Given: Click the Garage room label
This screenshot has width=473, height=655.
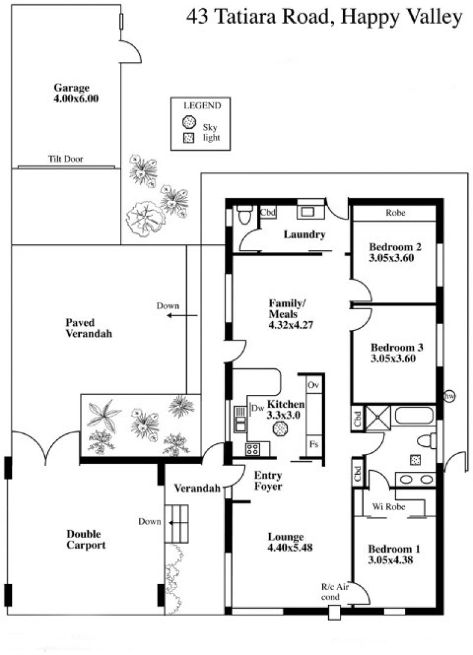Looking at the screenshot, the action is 72,87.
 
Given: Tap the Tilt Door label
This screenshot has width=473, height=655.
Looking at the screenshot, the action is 66,159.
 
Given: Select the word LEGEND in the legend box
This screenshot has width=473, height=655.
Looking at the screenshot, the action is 202,105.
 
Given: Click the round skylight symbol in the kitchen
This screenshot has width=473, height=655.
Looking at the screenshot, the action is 279,429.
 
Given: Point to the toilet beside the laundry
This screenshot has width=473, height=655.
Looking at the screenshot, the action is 244,215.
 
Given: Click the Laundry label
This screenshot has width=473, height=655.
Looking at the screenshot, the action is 304,234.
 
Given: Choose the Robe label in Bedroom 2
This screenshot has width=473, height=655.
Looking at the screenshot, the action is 396,213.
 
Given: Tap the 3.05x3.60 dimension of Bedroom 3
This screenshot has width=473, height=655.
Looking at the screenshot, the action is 393,358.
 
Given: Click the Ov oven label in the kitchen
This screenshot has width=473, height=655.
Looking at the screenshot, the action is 313,384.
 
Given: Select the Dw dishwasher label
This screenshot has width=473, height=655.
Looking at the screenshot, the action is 257,408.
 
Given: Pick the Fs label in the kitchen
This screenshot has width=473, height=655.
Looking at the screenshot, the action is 314,443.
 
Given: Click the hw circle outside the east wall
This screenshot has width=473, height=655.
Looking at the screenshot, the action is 449,395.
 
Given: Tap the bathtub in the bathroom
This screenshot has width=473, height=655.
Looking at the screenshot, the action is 415,416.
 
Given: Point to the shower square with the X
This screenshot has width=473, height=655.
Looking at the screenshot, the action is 378,418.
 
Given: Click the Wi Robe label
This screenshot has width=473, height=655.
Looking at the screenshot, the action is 388,507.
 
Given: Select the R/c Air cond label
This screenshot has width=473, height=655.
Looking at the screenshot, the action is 334,592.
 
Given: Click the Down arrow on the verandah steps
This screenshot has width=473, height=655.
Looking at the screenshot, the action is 176,522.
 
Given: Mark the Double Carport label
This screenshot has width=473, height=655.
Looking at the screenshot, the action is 86,539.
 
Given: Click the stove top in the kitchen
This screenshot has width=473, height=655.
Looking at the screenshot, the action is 252,449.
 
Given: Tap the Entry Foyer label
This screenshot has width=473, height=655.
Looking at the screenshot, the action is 268,481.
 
